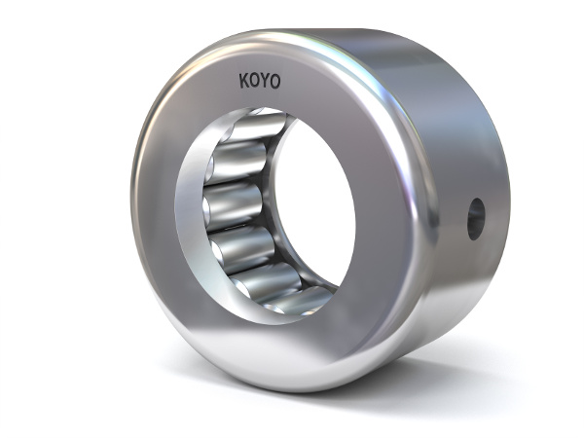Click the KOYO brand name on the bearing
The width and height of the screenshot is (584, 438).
click(x=259, y=82)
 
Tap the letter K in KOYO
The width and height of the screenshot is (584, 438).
click(x=244, y=82)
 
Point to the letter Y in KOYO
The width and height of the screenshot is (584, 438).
click(x=265, y=82)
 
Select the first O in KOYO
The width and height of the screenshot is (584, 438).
click(x=254, y=82)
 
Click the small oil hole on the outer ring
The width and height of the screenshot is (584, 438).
click(x=475, y=218)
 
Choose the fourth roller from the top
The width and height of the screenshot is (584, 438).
click(x=243, y=248)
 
